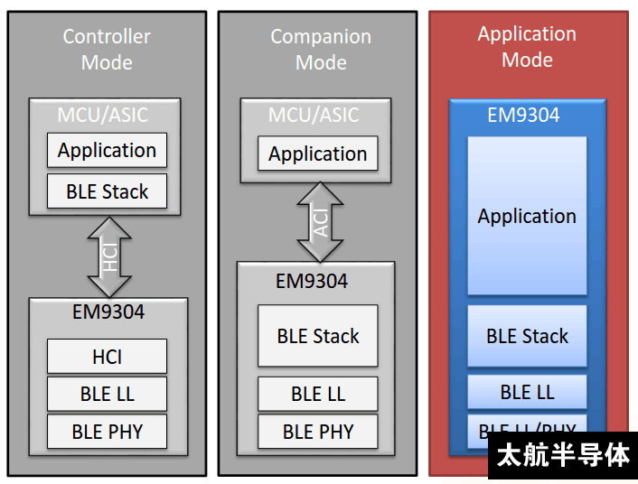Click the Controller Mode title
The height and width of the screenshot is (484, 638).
point(107,50)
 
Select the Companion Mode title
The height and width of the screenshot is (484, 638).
point(321,50)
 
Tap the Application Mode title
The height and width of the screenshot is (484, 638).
point(527,47)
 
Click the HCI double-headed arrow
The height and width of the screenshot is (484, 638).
point(109,256)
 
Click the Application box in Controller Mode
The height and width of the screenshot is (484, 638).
point(107,151)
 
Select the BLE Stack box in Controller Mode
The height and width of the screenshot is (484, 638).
point(107,191)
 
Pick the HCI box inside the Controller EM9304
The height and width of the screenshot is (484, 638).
point(107,357)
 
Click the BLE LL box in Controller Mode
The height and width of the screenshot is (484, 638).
point(107,395)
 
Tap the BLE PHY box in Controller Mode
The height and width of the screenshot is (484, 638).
point(107,432)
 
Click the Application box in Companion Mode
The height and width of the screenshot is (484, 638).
point(317,154)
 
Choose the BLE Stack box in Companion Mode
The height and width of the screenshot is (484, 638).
point(317,336)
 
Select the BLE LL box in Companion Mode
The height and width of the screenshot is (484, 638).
point(317,395)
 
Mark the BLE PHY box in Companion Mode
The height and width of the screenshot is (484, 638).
point(317,432)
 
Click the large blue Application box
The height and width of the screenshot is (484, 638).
point(527,216)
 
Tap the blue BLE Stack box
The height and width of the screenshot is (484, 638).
point(527,336)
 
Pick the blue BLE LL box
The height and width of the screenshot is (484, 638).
point(527,392)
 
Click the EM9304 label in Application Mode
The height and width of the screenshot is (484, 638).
point(523,116)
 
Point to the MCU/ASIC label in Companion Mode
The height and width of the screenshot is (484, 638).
point(314,116)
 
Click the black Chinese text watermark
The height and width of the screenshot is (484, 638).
point(563,455)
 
